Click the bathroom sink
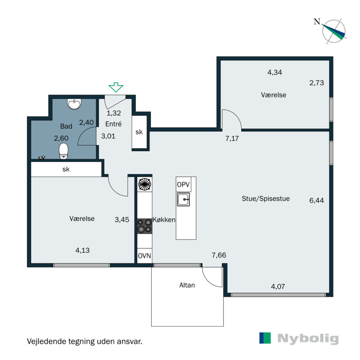(x=74, y=105)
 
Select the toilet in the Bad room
(x=63, y=151)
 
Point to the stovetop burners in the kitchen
(x=144, y=225)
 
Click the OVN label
(x=144, y=256)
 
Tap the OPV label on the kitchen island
(x=183, y=184)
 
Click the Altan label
(x=187, y=285)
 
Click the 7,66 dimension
(x=219, y=256)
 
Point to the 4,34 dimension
(x=274, y=72)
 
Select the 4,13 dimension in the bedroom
(x=82, y=250)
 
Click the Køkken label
(x=164, y=220)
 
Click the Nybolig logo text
(x=307, y=338)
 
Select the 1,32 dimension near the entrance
(x=113, y=113)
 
